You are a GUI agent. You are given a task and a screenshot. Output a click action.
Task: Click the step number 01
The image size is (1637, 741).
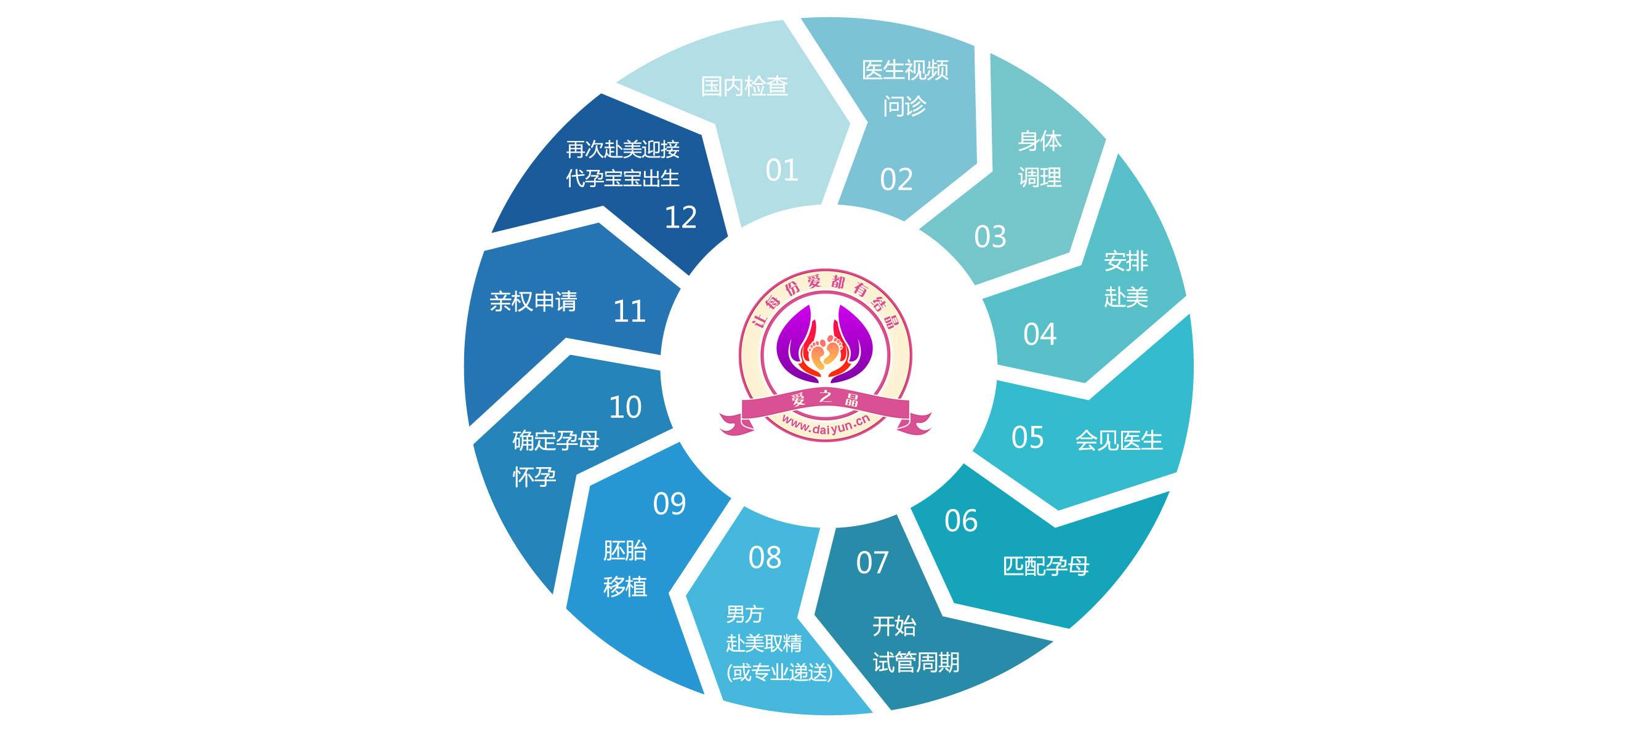[782, 170]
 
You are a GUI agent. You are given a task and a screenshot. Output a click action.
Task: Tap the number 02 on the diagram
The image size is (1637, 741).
[896, 180]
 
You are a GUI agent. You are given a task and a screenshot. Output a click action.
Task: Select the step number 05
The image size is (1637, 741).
[1028, 438]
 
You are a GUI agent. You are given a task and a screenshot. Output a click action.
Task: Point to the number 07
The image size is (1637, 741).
[872, 563]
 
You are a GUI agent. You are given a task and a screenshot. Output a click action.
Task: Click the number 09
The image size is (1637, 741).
[669, 504]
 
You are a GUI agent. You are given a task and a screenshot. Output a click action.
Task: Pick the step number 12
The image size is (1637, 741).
[681, 217]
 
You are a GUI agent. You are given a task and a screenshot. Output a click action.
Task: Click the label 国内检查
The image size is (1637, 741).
[744, 86]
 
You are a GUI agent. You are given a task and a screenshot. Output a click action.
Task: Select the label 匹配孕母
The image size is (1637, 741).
[1045, 566]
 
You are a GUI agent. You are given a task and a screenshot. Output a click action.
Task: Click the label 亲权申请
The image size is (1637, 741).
[533, 301]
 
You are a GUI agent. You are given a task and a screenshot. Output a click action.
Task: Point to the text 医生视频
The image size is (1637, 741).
[905, 70]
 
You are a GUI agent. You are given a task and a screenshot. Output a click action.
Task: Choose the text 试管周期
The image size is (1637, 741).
[915, 663]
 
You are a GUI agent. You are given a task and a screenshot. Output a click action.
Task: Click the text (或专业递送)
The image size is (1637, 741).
[779, 672]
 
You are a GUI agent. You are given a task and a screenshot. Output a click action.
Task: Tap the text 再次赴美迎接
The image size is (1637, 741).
[623, 150]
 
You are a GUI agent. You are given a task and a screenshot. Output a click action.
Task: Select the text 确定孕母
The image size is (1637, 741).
[555, 441]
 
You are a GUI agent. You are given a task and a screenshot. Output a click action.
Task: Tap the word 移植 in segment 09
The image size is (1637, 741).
[625, 587]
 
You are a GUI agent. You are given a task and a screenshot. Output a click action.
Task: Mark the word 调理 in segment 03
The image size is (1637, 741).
[1040, 177]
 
